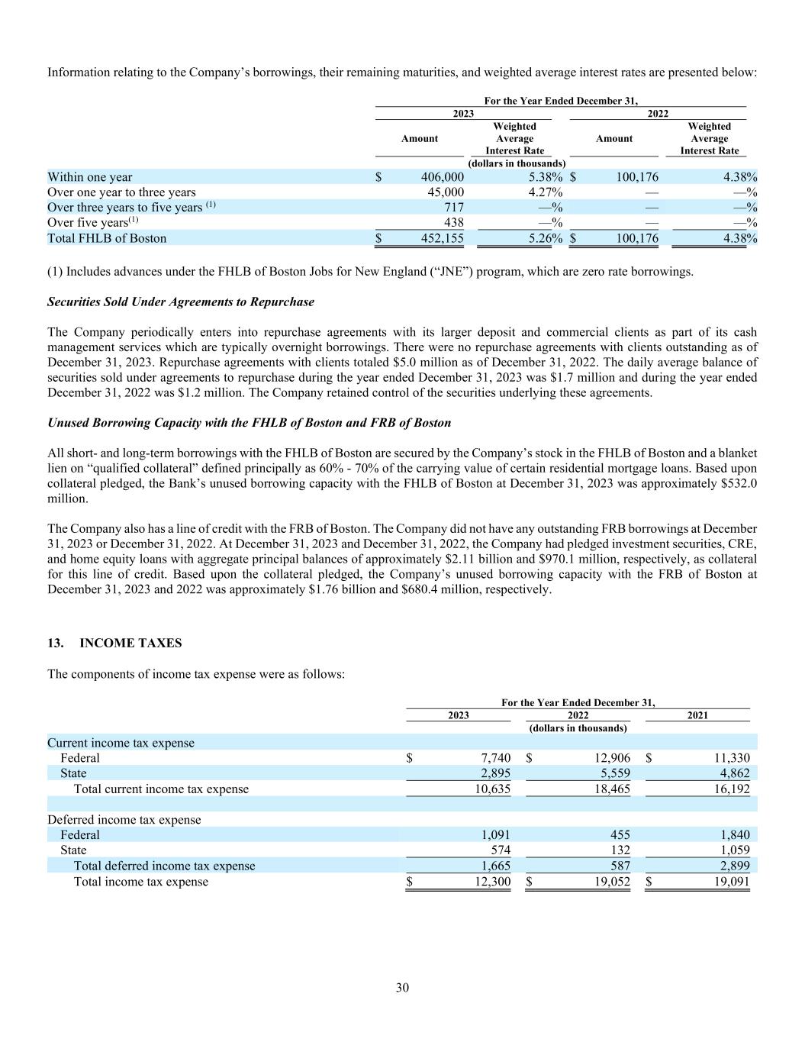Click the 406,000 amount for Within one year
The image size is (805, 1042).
tap(442, 177)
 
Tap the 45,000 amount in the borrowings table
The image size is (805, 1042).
tap(445, 192)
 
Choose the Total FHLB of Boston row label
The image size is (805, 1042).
tap(107, 238)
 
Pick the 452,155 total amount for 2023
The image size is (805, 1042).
tap(442, 238)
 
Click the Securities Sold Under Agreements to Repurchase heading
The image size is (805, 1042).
tap(181, 302)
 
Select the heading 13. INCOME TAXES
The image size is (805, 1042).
tap(114, 643)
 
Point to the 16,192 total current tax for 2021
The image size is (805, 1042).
tap(731, 789)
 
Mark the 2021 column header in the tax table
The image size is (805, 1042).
tap(697, 715)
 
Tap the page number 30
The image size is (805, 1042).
tap(402, 988)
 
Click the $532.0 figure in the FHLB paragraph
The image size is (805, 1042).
tap(739, 483)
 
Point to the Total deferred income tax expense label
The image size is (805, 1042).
tap(164, 866)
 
